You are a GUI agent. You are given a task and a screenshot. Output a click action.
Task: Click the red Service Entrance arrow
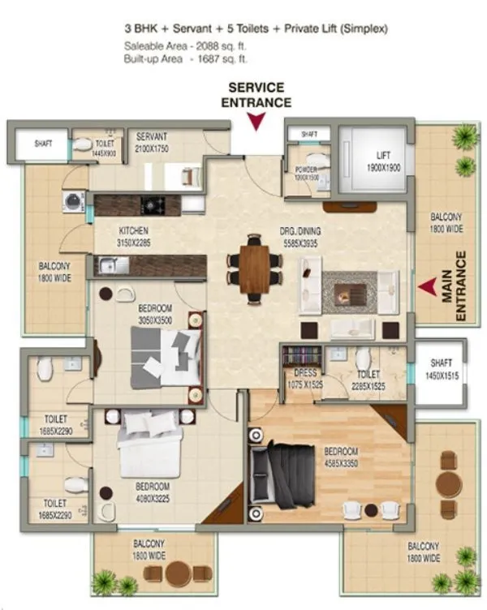click(x=256, y=122)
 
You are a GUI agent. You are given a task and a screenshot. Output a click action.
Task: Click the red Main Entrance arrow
click(x=428, y=286)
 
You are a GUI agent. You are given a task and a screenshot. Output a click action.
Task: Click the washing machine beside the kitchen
click(x=74, y=201)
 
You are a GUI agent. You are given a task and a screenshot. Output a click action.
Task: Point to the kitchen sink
click(x=110, y=264)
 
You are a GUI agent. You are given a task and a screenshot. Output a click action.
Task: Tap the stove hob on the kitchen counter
click(x=150, y=204)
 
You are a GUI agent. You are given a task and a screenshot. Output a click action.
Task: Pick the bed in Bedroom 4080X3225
click(x=150, y=446)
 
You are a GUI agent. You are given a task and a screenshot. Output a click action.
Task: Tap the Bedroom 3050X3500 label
click(x=153, y=314)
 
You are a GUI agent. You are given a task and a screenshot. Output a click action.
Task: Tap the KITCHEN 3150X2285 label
click(x=134, y=235)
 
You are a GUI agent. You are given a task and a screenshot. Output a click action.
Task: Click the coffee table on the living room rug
click(x=351, y=290)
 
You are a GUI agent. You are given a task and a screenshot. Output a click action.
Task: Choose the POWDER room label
click(x=307, y=172)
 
